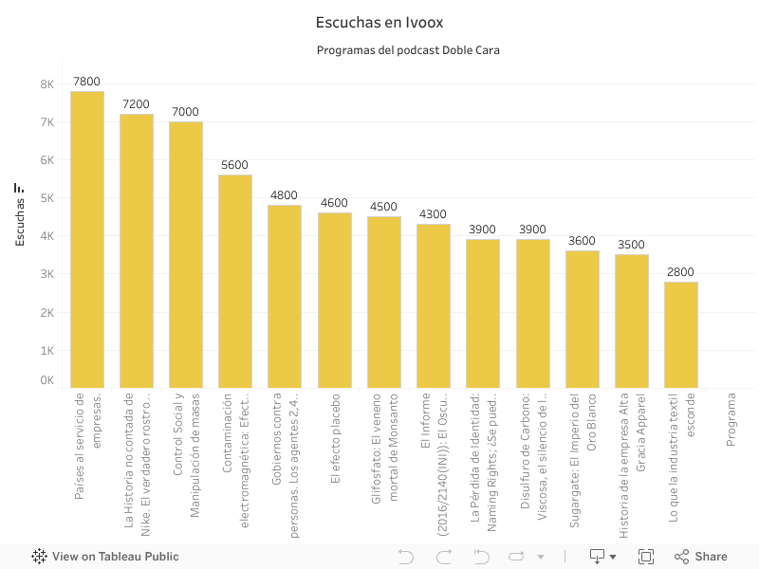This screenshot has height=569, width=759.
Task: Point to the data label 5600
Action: [x=234, y=165]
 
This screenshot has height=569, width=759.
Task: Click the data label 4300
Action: [x=433, y=214]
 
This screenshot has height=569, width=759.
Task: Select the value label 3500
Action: [x=631, y=245]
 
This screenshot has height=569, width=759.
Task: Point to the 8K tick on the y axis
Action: [x=46, y=84]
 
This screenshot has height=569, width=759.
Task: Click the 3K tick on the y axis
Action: [x=46, y=274]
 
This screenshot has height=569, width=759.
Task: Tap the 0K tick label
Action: [x=46, y=380]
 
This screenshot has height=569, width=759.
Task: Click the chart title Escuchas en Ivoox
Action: [x=379, y=22]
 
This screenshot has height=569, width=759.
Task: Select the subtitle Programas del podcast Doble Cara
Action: [x=408, y=50]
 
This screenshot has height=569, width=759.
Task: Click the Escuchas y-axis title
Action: [x=20, y=216]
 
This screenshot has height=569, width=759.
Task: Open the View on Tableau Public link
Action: [x=105, y=557]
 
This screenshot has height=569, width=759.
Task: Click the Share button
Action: [x=701, y=557]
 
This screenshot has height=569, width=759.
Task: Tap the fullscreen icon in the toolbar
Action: [x=646, y=557]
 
